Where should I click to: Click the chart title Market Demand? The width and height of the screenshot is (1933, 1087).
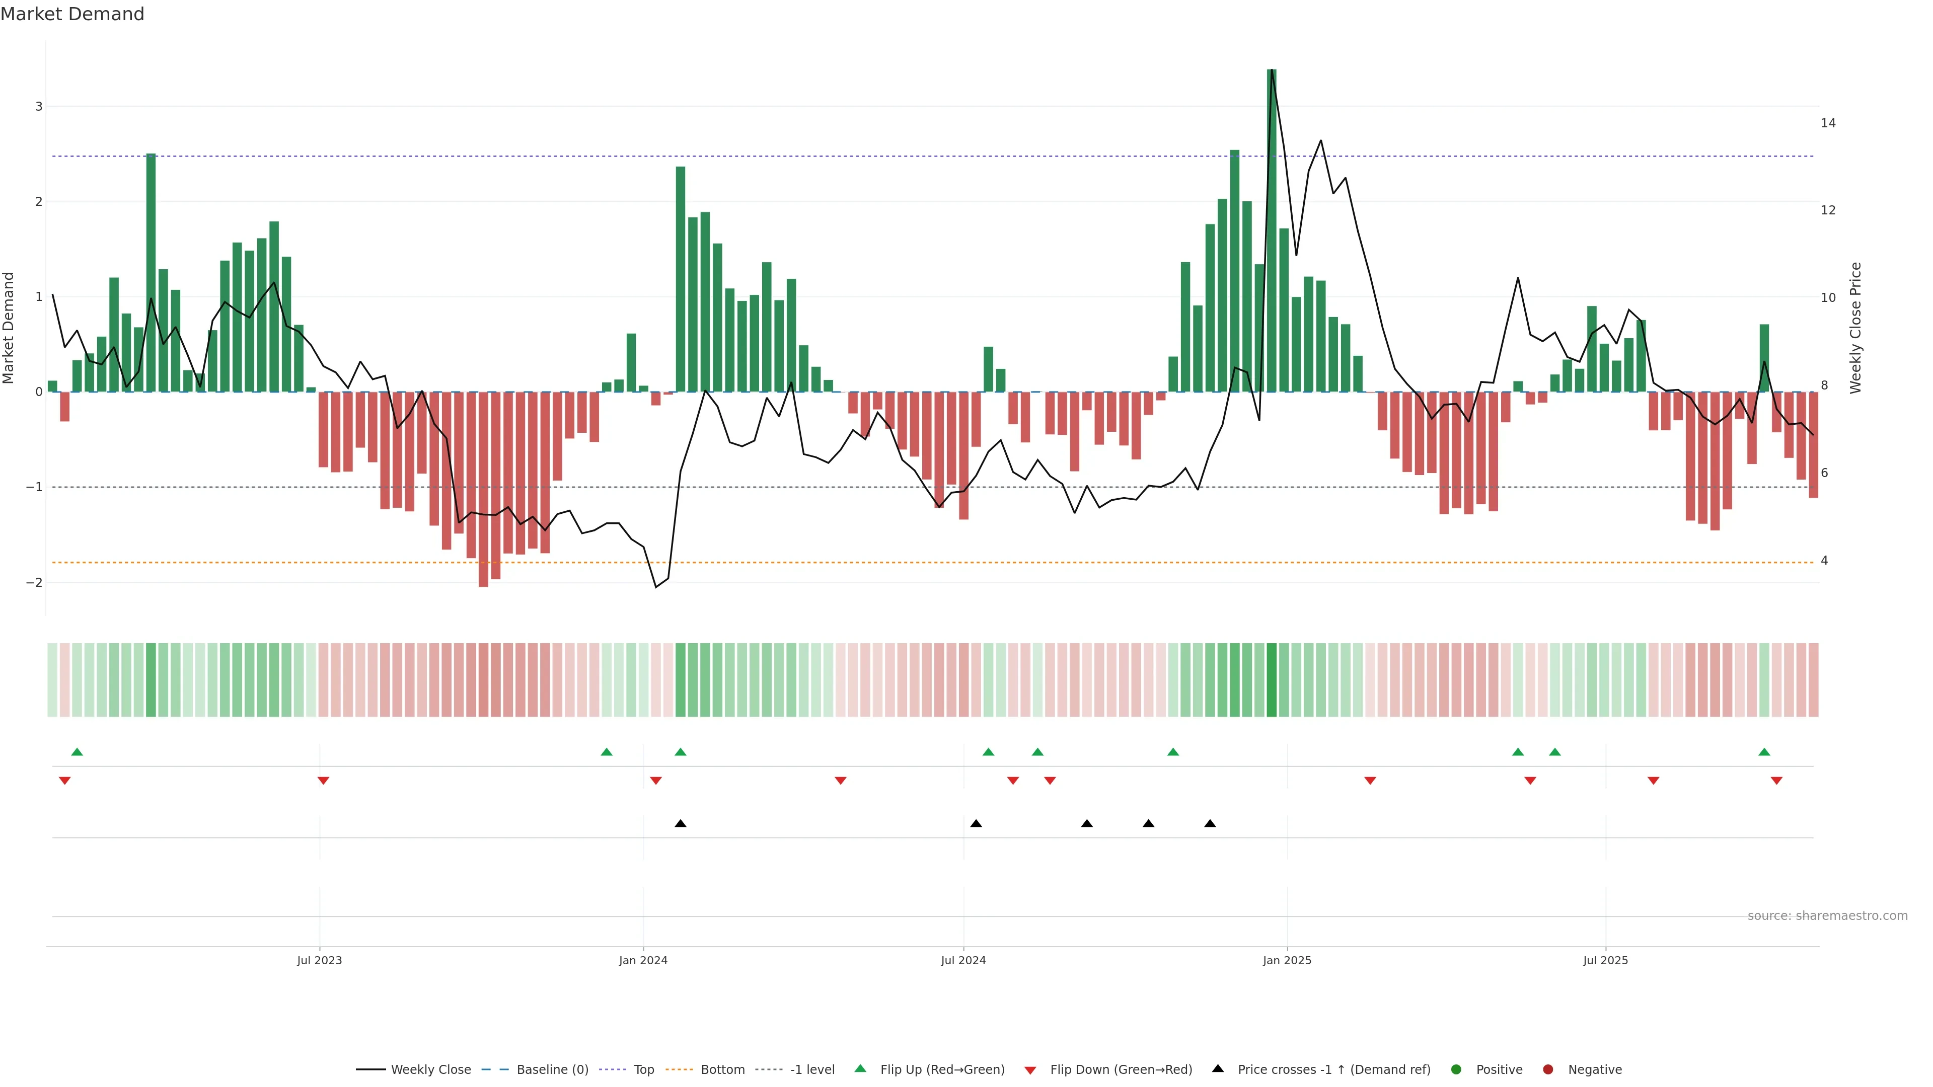(72, 14)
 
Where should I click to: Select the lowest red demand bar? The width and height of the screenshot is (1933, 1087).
(483, 488)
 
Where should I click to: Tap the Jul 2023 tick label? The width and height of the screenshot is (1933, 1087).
(319, 960)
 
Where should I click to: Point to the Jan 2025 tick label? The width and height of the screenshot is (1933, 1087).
(1287, 960)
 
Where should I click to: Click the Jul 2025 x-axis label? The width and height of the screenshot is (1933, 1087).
(1605, 960)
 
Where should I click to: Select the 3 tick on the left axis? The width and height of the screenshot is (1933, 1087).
(39, 107)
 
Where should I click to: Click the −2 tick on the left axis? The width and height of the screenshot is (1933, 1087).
(35, 582)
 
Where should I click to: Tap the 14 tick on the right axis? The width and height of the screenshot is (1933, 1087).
(1828, 123)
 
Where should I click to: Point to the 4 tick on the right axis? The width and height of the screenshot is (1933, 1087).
(1824, 561)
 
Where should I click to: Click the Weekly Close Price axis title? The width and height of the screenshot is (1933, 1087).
(1855, 328)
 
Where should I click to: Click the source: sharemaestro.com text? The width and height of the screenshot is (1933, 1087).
(1827, 916)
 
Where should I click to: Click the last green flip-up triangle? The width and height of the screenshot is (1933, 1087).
(1764, 752)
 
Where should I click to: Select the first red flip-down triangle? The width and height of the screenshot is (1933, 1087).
(64, 781)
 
